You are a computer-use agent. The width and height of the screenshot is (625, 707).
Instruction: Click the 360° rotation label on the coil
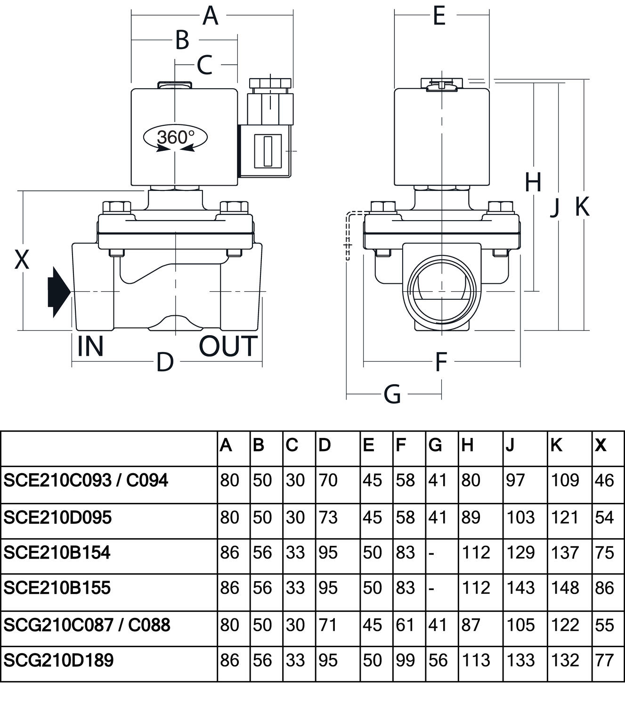(x=175, y=137)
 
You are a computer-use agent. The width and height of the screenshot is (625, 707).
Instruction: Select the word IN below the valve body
(x=90, y=346)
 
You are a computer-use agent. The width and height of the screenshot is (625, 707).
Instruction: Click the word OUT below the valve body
(x=228, y=346)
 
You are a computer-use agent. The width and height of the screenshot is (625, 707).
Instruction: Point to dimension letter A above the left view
(x=211, y=16)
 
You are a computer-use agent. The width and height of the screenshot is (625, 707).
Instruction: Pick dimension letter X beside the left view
(x=22, y=260)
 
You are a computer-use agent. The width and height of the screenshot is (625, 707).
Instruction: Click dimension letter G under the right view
(x=392, y=394)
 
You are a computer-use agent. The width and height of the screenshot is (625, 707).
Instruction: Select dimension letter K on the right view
(x=582, y=206)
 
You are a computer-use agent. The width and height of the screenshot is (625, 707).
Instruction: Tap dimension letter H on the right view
(x=533, y=183)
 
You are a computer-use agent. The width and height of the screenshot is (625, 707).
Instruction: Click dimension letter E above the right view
(x=439, y=16)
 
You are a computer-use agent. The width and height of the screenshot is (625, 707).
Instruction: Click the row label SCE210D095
(x=57, y=518)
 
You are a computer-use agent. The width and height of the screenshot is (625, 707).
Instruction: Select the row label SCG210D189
(x=58, y=660)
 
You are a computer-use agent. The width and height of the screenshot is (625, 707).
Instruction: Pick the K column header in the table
(x=556, y=445)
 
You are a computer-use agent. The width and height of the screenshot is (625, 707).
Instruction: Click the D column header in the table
(x=325, y=445)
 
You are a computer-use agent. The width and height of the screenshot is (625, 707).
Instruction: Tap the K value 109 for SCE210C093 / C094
(x=565, y=480)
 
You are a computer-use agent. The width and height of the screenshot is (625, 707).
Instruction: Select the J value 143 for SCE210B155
(x=520, y=588)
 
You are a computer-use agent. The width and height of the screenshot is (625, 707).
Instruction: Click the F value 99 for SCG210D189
(x=405, y=660)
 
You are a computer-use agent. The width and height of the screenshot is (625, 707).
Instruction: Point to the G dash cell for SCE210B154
(x=431, y=553)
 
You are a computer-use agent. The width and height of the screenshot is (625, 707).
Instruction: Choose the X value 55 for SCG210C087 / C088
(x=605, y=625)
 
